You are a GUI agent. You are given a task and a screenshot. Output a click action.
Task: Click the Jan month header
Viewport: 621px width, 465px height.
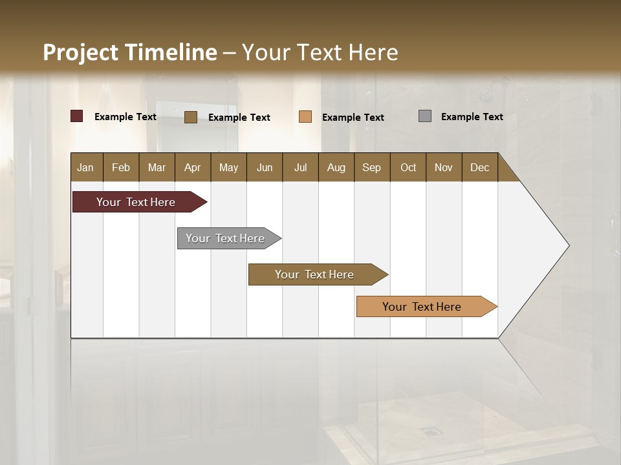click(x=86, y=167)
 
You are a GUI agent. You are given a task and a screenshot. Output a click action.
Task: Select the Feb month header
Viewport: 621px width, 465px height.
click(x=121, y=167)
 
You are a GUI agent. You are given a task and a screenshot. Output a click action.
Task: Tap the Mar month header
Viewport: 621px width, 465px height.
click(x=157, y=167)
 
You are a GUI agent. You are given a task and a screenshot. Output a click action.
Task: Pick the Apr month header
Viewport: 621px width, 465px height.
click(x=193, y=167)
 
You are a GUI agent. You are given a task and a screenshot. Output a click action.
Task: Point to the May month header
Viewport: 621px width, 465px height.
click(x=228, y=167)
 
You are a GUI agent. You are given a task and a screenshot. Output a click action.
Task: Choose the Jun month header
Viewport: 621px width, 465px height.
click(x=265, y=167)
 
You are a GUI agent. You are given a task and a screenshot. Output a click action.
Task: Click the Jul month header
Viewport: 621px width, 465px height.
click(x=300, y=167)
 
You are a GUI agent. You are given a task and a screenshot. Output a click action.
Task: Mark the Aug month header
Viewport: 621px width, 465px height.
click(x=336, y=167)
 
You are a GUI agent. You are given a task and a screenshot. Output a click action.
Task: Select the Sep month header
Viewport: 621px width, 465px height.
click(x=372, y=167)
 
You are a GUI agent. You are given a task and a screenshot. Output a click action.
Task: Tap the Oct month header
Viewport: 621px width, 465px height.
click(x=408, y=167)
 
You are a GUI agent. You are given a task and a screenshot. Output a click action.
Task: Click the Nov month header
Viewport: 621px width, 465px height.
click(x=444, y=167)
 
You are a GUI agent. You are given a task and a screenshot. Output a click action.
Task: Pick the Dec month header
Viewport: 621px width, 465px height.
click(x=480, y=167)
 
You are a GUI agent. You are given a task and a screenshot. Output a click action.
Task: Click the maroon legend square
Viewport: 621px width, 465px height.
click(x=77, y=116)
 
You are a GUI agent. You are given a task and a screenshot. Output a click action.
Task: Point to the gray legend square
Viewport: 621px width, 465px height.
click(x=425, y=116)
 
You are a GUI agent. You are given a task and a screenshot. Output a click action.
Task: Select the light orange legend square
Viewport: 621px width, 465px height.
click(x=305, y=117)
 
